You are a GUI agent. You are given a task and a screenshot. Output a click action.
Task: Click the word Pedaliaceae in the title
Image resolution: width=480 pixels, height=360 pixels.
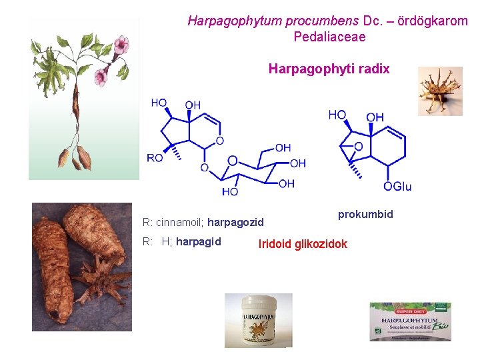point(329,37)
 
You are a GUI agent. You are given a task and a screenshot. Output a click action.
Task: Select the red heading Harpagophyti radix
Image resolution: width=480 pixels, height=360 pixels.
point(329,69)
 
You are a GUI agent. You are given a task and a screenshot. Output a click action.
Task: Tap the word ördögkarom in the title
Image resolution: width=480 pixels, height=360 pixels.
point(432,21)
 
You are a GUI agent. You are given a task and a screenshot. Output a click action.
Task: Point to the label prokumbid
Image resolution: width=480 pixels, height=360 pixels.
point(365,214)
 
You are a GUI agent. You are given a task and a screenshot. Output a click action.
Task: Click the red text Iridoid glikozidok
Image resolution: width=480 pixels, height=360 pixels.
point(303,244)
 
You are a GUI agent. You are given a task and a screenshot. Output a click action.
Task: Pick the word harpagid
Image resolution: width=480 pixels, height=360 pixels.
point(199,241)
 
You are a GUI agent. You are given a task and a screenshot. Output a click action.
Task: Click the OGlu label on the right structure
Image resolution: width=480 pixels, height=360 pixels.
point(397,187)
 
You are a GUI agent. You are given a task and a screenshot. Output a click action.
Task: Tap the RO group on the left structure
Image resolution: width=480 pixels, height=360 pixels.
point(155,158)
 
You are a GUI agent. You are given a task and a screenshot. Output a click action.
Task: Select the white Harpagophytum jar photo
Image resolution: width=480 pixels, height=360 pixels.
point(258,320)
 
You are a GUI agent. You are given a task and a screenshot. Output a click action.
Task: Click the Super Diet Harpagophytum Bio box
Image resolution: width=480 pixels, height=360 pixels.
point(410,322)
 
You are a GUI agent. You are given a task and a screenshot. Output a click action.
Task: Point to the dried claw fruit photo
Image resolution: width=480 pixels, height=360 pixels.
point(439,91)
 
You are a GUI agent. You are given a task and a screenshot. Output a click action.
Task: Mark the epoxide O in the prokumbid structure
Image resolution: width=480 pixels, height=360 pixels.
point(358,147)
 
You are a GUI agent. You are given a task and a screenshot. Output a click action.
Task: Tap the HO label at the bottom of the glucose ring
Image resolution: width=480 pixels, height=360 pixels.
point(230,191)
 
